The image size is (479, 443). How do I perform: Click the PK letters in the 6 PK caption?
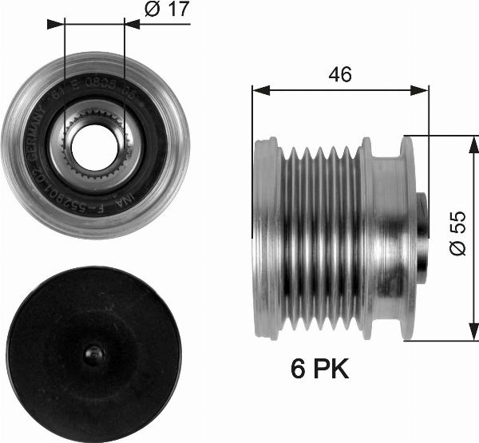(330, 370)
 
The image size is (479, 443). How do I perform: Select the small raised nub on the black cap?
(93, 353)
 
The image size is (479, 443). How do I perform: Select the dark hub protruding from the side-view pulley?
(422, 237)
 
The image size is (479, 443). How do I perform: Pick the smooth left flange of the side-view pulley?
(266, 237)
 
